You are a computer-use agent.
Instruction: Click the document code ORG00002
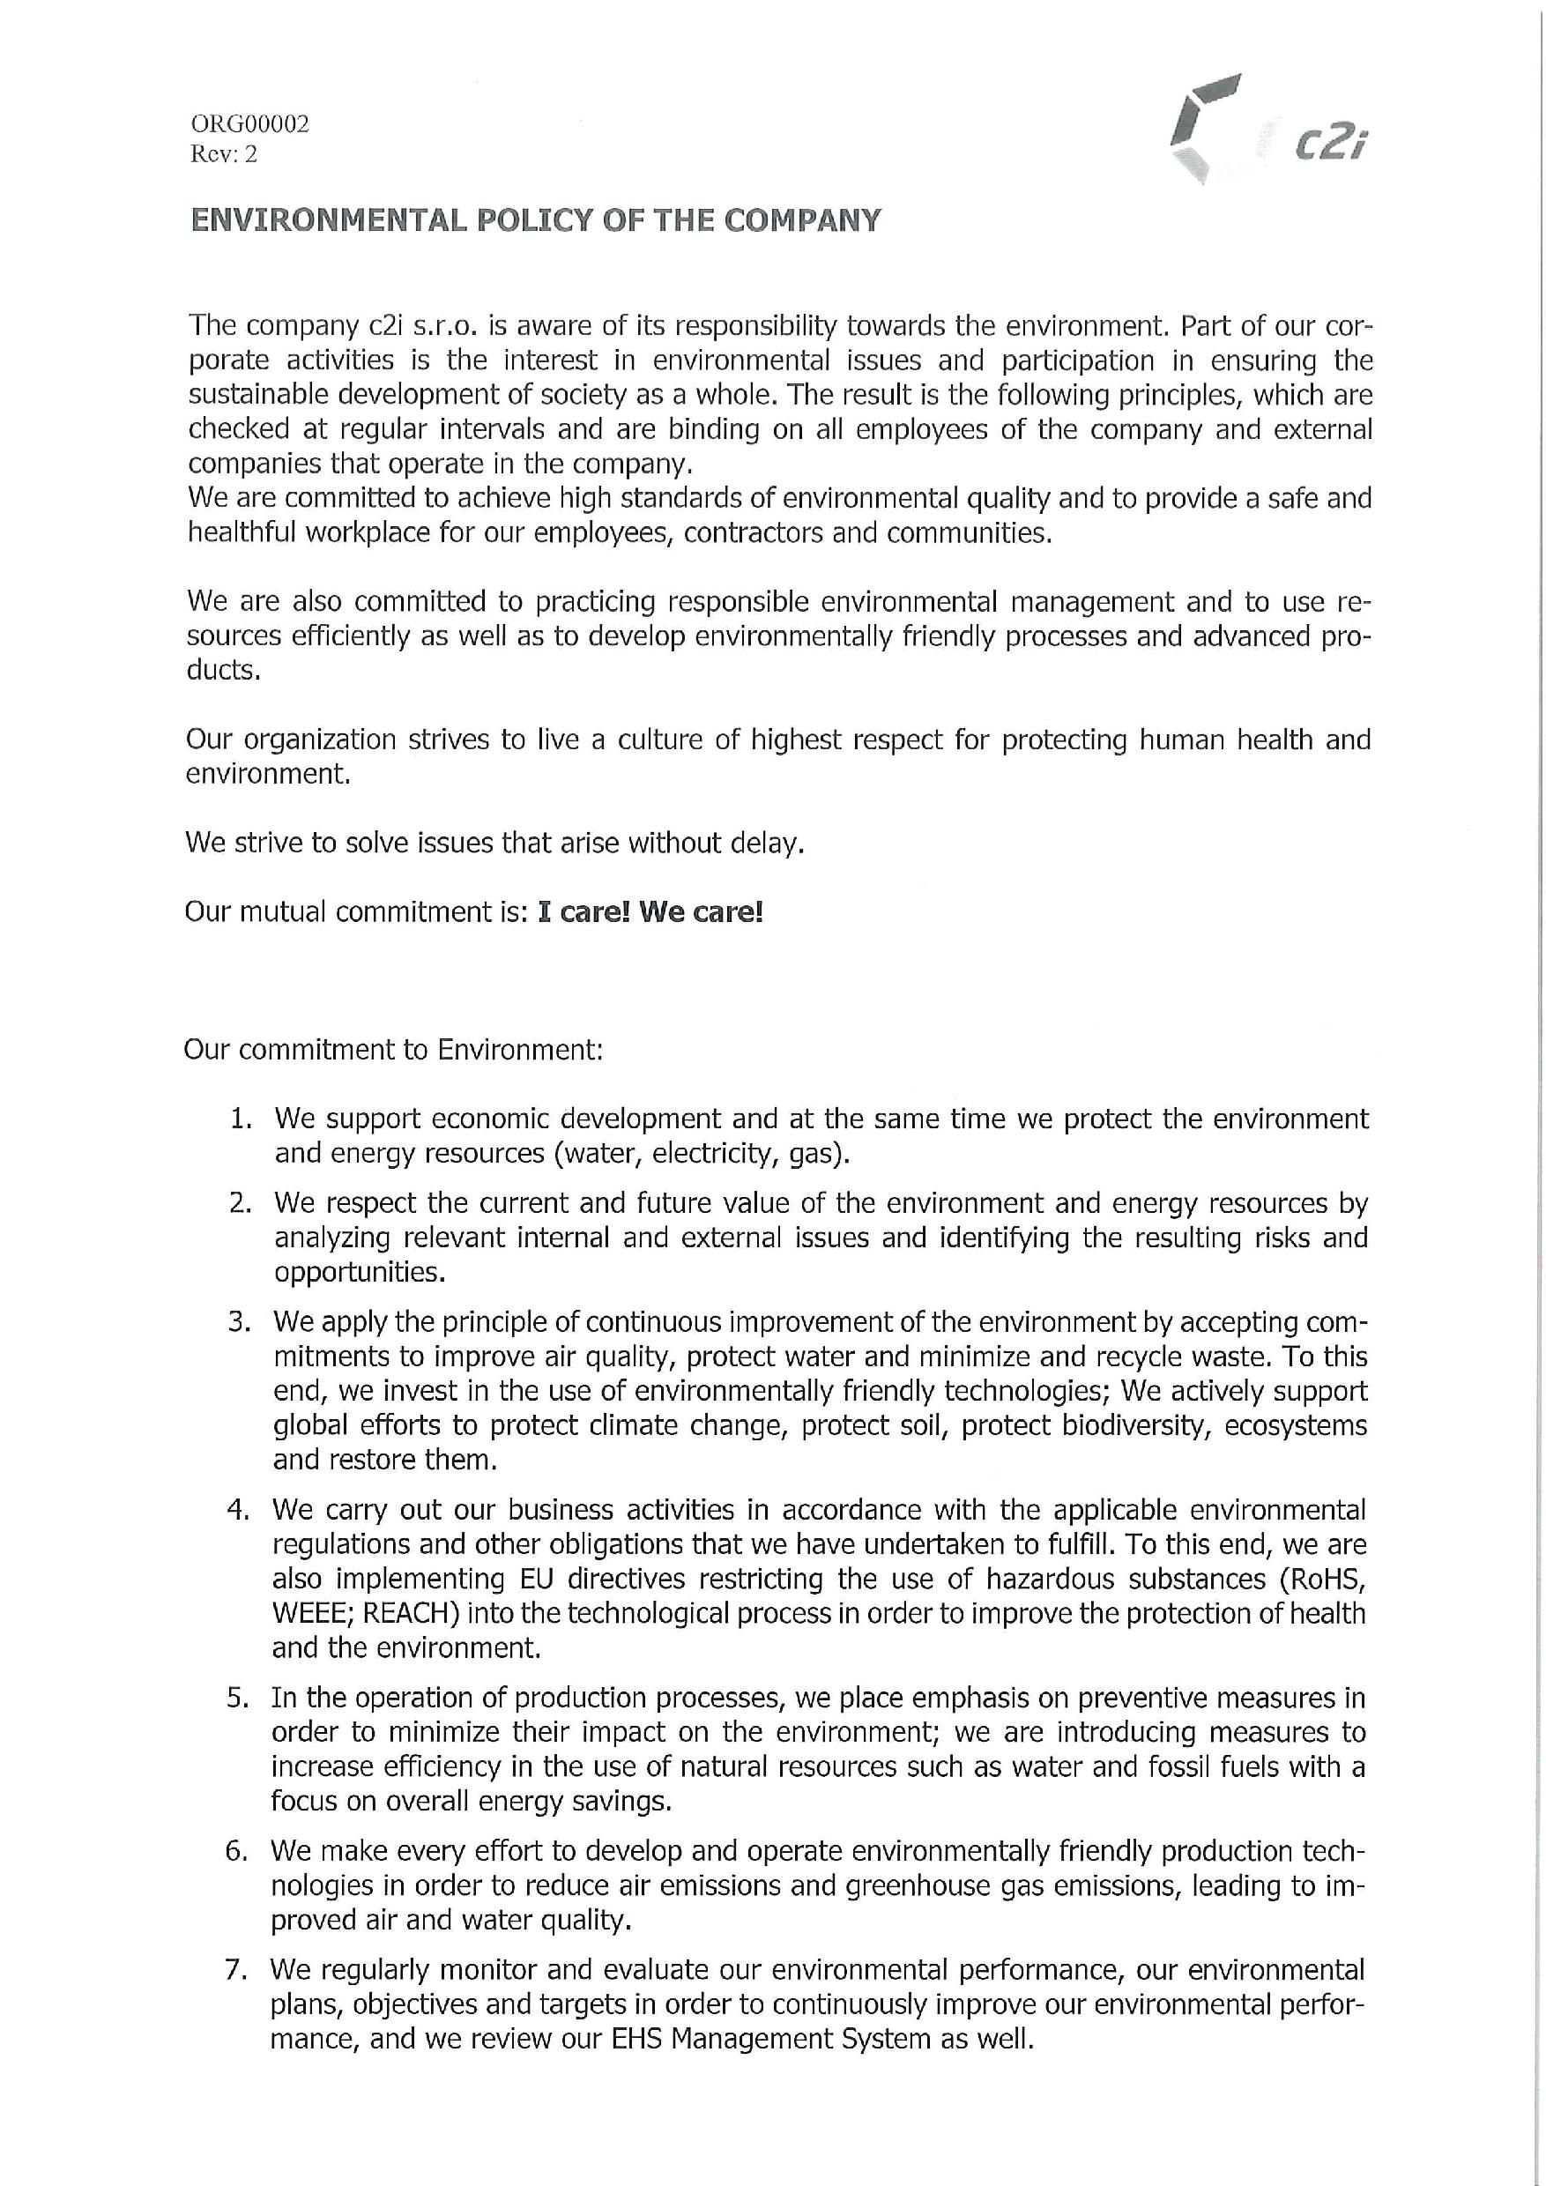point(249,123)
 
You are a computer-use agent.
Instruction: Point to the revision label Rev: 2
point(224,154)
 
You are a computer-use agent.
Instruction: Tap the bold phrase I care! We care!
point(650,912)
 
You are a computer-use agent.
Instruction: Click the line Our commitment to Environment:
point(393,1049)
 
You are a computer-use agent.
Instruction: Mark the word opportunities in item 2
point(360,1272)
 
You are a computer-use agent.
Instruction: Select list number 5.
point(237,1698)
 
